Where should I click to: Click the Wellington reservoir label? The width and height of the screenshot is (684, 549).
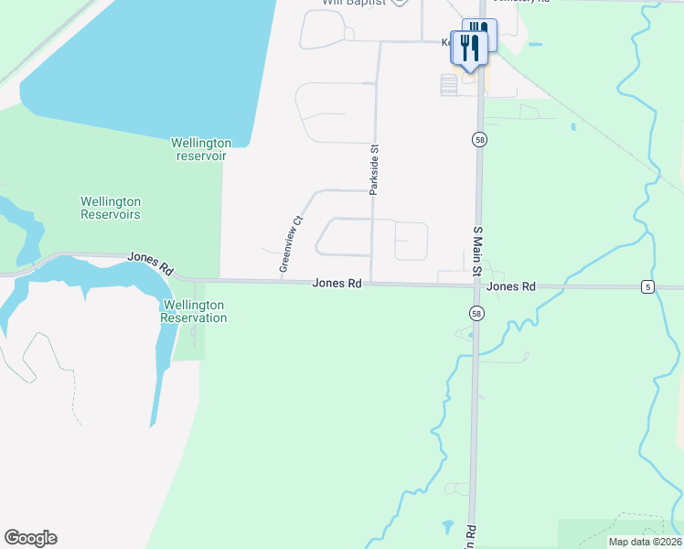(201, 149)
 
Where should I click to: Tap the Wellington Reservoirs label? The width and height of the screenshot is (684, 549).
(111, 208)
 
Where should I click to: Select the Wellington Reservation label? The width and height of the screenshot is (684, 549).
(193, 311)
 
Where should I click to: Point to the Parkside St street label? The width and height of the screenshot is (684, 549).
(374, 169)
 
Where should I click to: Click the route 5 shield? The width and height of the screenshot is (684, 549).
(647, 287)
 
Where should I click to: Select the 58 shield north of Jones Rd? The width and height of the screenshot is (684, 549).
(479, 139)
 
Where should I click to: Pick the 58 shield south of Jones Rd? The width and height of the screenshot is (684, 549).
(476, 313)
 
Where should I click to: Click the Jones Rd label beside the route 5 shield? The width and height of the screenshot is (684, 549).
(511, 286)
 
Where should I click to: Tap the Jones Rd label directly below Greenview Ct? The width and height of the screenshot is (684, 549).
(337, 284)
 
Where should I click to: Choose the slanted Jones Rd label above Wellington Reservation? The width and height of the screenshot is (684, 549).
(151, 264)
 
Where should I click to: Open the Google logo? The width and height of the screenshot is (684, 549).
(30, 538)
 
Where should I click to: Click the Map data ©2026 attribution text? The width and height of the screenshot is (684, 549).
(645, 542)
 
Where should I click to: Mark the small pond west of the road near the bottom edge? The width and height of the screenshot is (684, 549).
(446, 527)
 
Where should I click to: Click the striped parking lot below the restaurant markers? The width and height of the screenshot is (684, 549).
(448, 85)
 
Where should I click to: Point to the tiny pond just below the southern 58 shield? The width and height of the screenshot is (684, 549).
(471, 335)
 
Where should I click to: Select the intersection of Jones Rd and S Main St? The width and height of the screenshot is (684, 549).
(476, 285)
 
